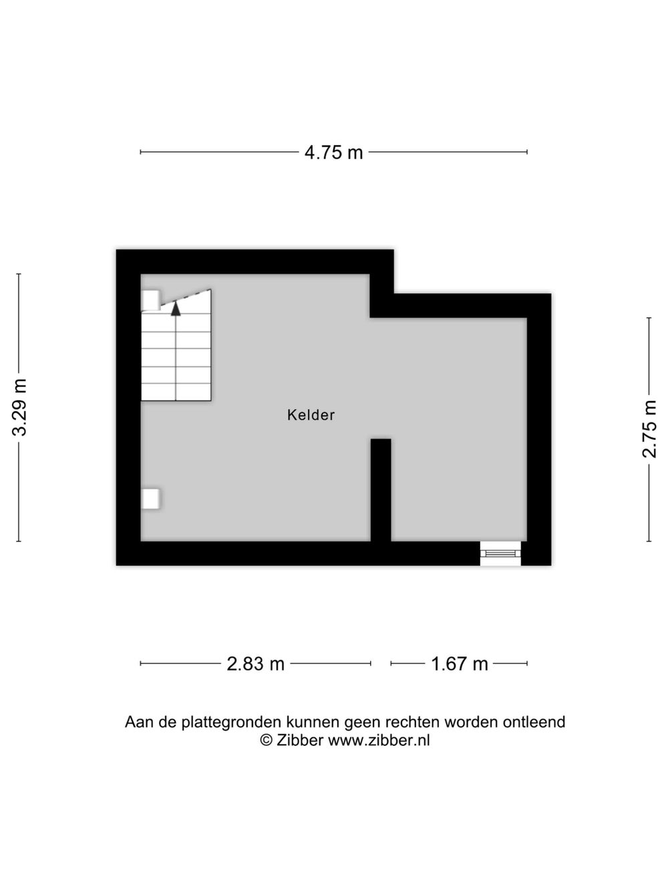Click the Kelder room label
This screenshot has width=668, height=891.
[x=311, y=415]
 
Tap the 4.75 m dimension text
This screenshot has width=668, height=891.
[x=333, y=152]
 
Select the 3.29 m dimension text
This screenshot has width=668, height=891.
[x=19, y=407]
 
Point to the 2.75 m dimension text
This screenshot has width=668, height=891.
[x=649, y=429]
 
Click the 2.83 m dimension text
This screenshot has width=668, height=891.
[x=256, y=664]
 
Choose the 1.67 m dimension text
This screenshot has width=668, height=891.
[x=459, y=664]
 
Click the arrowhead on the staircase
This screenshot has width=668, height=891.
[x=176, y=309]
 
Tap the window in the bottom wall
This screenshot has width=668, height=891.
[x=500, y=553]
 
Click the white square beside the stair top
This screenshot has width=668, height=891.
[x=150, y=300]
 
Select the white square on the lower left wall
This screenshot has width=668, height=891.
[x=150, y=498]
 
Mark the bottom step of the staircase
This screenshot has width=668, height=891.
[x=176, y=392]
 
